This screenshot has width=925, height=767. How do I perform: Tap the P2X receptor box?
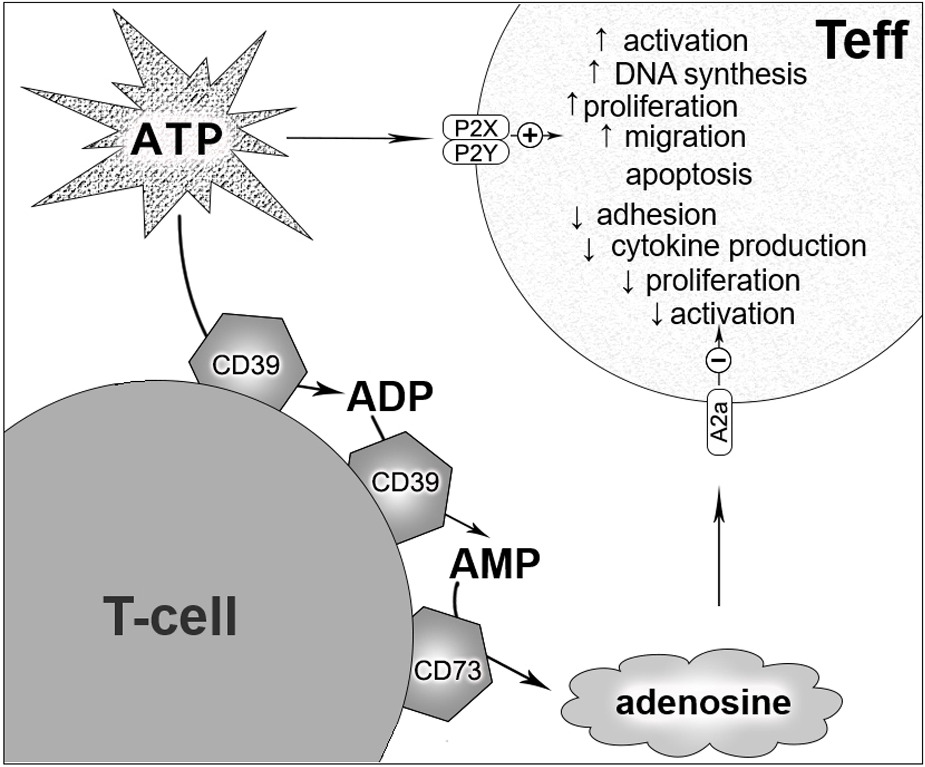click(476, 129)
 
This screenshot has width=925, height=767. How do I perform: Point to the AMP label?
click(494, 565)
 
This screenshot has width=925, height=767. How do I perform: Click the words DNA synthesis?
click(710, 74)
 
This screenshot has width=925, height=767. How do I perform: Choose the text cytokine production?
click(739, 246)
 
